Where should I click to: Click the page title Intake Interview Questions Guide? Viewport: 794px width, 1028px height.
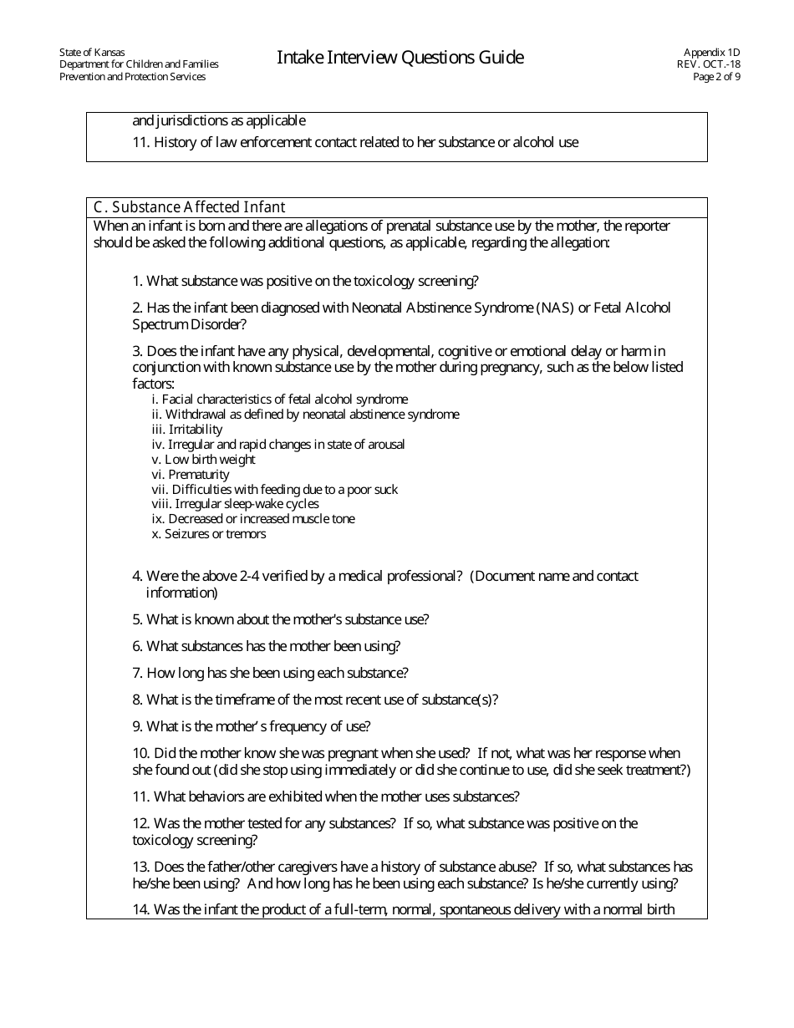[400, 58]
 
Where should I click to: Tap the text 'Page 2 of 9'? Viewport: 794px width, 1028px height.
[716, 77]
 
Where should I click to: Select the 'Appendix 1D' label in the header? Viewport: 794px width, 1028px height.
[711, 52]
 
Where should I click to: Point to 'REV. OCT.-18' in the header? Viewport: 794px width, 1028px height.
[709, 64]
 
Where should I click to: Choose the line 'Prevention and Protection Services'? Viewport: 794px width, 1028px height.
[132, 77]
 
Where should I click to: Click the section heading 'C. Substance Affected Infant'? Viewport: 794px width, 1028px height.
[189, 207]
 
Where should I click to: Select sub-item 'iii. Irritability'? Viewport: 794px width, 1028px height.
[187, 430]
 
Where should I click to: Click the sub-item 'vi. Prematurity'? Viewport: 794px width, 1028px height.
[191, 475]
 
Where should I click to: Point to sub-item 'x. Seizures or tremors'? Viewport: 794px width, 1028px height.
[209, 534]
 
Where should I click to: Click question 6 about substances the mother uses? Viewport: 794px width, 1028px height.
[267, 646]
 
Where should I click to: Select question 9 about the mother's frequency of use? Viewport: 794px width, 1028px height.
[252, 726]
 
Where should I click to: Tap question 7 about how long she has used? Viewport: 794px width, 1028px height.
[270, 673]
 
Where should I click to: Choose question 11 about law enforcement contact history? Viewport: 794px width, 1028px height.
[355, 142]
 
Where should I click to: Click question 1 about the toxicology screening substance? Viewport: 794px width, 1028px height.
[305, 281]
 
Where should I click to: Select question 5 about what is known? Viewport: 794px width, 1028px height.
[281, 619]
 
